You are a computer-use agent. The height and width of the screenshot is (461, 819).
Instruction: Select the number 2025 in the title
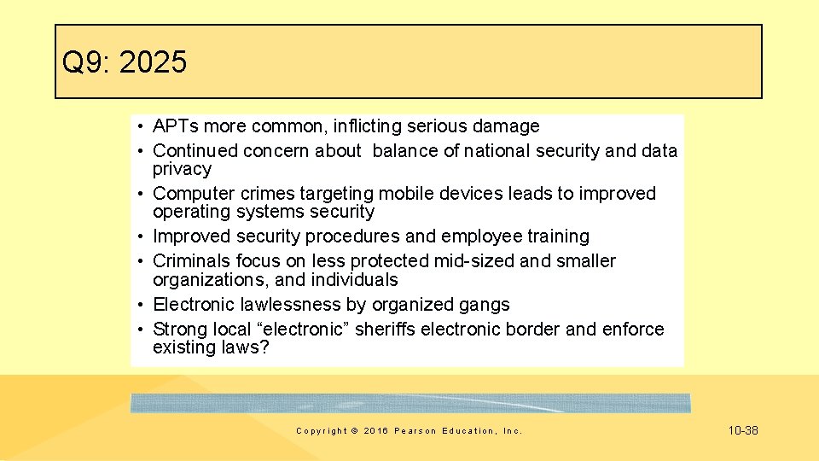154,62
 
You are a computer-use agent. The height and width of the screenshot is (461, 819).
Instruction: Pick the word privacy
182,169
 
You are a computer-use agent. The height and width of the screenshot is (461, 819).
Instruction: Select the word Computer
192,194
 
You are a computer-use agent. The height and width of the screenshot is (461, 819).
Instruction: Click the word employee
476,236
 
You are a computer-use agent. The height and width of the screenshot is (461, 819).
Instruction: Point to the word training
559,236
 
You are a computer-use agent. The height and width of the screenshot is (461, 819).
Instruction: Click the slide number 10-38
743,431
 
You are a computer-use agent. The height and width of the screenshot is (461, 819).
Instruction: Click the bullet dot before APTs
138,126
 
